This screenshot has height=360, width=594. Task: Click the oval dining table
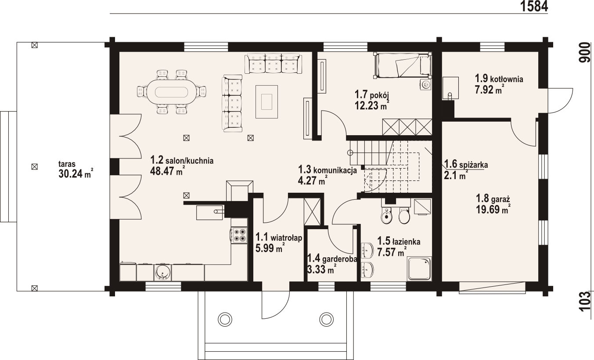coord(172,92)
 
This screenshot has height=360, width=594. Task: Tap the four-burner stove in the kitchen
coord(239,235)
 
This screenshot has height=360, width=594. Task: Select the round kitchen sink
coord(162,273)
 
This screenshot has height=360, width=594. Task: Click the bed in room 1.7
coord(403,65)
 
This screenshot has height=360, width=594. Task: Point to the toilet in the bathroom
coord(404,215)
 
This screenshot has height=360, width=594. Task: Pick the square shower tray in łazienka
coord(420,268)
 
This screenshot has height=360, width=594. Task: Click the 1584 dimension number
coord(534,6)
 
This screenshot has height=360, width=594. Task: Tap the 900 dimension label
coord(587,53)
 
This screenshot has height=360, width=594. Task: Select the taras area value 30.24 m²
coord(76,173)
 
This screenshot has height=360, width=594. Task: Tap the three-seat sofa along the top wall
coord(273,64)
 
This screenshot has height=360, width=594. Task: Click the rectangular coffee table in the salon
coord(266,101)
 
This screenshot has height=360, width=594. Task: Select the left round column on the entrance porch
coord(225,319)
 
